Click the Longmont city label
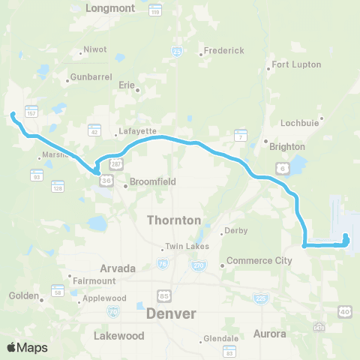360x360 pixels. (x=110, y=8)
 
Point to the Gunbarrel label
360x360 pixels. (x=90, y=77)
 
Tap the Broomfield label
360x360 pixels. (x=153, y=181)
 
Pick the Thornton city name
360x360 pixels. (x=174, y=220)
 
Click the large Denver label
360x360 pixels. (x=171, y=313)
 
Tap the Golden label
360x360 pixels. (x=23, y=295)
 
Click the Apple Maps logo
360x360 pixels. (x=27, y=347)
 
